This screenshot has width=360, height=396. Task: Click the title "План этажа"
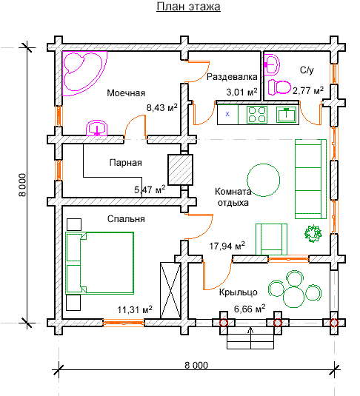[188, 7]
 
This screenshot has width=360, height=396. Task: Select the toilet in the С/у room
[279, 87]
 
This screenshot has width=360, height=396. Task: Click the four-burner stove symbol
[257, 115]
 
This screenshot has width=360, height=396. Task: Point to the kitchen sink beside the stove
[286, 115]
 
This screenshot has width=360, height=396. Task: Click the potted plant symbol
[313, 233]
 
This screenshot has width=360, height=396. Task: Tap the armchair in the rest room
[271, 239]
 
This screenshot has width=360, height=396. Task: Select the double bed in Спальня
[99, 263]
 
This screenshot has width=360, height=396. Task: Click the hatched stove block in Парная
[181, 170]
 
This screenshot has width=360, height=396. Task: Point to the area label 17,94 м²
[227, 246]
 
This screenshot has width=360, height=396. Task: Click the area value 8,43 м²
[162, 107]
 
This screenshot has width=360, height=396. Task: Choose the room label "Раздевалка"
[232, 76]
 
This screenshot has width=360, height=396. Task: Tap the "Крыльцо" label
[238, 292]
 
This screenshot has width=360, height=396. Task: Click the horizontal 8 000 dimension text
[196, 365]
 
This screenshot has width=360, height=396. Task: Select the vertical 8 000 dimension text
[22, 185]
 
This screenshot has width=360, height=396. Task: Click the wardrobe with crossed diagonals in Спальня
[170, 290]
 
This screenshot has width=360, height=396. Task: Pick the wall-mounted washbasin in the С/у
[272, 65]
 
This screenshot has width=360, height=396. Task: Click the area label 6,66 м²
[250, 309]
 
